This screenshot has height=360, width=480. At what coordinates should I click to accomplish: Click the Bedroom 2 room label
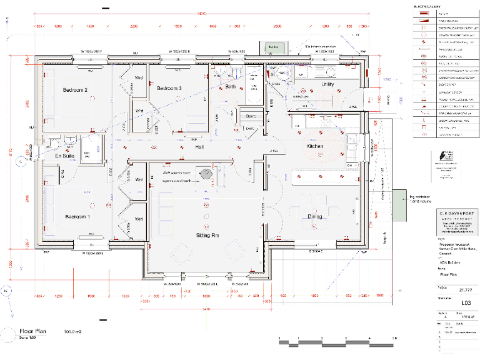click(75, 90)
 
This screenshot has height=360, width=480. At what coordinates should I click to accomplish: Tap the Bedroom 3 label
click(169, 89)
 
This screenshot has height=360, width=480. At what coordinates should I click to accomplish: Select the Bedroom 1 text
click(77, 217)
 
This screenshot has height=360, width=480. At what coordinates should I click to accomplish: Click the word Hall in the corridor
click(200, 146)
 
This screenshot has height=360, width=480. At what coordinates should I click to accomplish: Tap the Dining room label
click(315, 217)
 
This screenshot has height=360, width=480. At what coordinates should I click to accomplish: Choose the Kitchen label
click(314, 146)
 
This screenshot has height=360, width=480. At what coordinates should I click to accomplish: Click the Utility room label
click(327, 84)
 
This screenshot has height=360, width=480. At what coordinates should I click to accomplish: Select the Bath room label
click(231, 87)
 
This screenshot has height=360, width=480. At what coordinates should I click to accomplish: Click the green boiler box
click(273, 47)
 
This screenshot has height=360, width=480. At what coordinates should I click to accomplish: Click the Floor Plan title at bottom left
click(35, 331)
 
